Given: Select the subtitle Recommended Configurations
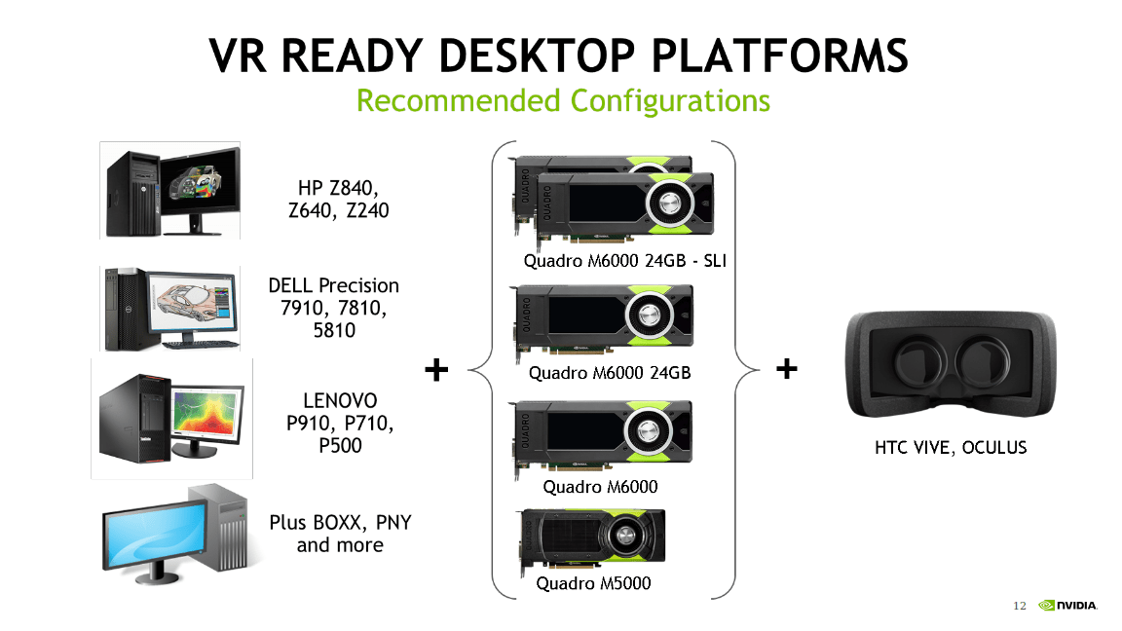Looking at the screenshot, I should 563,100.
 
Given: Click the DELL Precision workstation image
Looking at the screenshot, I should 170,307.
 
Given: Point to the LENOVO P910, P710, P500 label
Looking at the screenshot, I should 334,423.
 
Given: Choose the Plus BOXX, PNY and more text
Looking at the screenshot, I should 340,534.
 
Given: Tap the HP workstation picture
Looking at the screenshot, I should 170,191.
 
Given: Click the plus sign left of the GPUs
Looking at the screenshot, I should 437,369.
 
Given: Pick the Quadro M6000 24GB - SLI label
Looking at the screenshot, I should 625,260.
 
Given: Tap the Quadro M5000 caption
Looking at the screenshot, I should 593,583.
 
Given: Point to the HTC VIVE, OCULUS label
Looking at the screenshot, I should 950,447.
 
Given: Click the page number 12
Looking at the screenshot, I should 1020,607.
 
